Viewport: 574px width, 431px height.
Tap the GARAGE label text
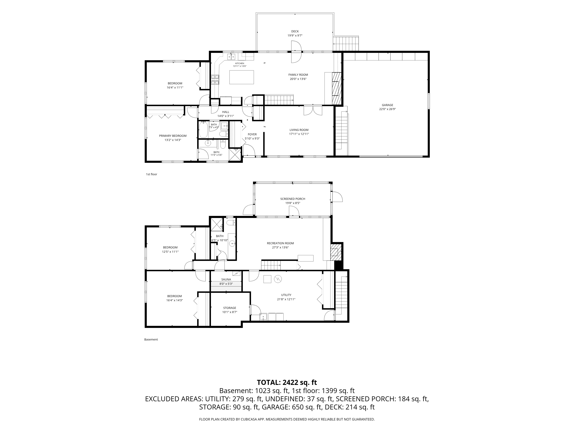tap(387, 105)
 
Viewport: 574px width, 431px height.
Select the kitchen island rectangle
tap(242, 77)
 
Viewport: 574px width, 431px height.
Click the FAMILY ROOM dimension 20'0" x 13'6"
tap(298, 79)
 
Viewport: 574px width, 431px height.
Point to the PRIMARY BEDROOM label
tap(173, 136)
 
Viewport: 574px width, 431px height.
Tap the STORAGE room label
tap(230, 308)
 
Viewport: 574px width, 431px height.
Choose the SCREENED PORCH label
tap(293, 199)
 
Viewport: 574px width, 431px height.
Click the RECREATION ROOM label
tap(280, 243)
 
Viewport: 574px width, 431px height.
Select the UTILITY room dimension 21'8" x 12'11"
tap(286, 299)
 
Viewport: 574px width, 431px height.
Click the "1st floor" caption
tap(152, 174)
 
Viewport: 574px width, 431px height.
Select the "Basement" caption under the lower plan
tap(151, 339)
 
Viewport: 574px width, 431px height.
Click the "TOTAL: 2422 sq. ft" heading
tap(287, 382)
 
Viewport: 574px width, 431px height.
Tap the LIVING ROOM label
tap(299, 130)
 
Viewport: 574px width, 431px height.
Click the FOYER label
tap(252, 134)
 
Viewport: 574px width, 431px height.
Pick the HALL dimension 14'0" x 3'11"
tap(226, 116)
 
